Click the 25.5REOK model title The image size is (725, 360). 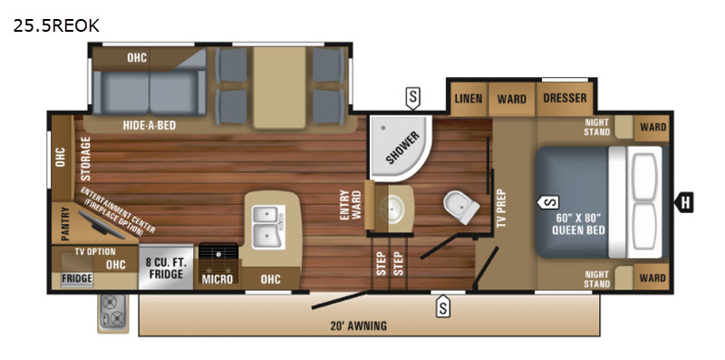[x=56, y=26]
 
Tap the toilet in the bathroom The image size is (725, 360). [x=461, y=207]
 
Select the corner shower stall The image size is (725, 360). [x=401, y=148]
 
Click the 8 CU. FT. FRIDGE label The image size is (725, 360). [x=166, y=268]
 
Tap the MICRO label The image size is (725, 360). [x=217, y=280]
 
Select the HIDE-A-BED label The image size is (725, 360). [x=150, y=125]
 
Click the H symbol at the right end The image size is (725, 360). [x=684, y=202]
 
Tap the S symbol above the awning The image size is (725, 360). [x=443, y=306]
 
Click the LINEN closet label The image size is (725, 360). [x=469, y=99]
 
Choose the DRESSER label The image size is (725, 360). [x=565, y=98]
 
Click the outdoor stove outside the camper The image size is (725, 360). [x=112, y=313]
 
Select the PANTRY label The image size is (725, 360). [x=64, y=224]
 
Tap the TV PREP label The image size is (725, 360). [x=502, y=209]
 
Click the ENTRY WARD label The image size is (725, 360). [x=351, y=206]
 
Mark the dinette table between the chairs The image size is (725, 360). [x=279, y=87]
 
